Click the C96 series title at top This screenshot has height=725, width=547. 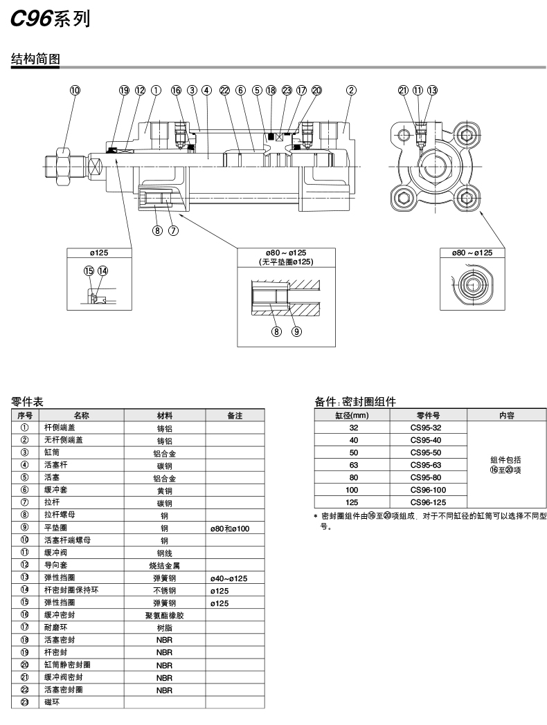[51, 20]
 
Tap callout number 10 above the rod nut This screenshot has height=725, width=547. [75, 90]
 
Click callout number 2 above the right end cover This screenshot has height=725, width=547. [352, 90]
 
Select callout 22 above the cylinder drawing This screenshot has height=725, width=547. [224, 90]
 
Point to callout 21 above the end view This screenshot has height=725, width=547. [403, 90]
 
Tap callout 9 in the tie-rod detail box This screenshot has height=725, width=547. [296, 331]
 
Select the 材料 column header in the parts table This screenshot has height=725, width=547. [164, 416]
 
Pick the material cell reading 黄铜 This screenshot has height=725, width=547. [164, 490]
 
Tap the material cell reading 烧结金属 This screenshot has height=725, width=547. [164, 565]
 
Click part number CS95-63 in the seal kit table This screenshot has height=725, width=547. [425, 465]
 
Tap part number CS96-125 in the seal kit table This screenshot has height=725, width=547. [427, 502]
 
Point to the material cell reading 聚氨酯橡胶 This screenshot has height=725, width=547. [164, 615]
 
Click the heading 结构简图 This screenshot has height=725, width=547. [36, 59]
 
